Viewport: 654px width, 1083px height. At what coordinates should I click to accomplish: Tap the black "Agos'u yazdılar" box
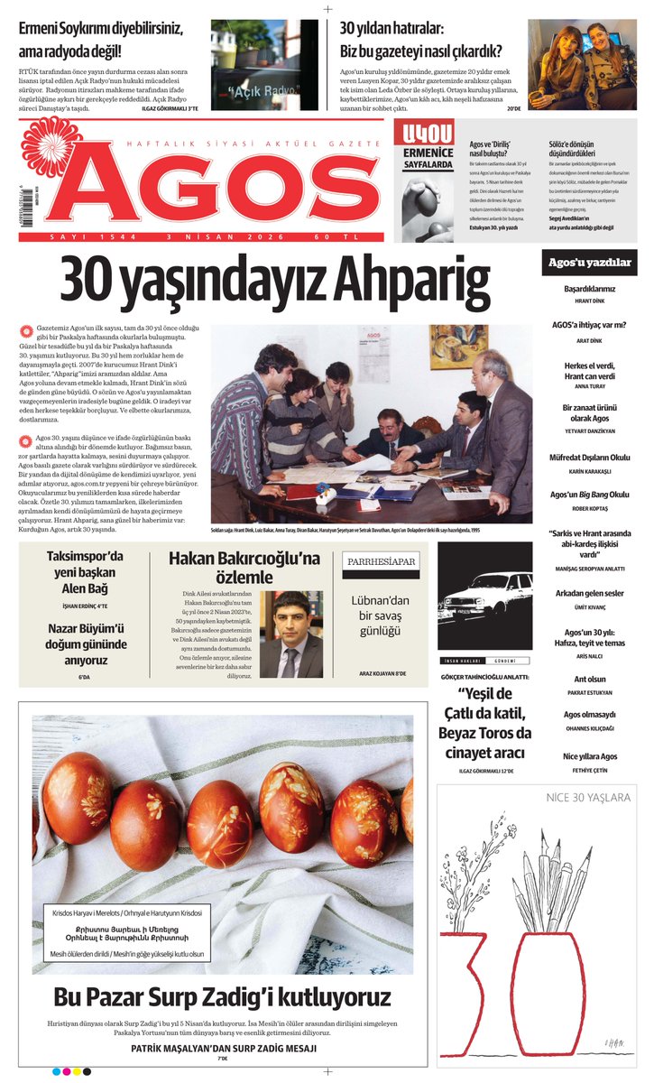[589, 263]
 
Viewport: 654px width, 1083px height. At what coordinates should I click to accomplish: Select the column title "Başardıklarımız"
[590, 289]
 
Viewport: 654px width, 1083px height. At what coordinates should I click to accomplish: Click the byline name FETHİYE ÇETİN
[590, 769]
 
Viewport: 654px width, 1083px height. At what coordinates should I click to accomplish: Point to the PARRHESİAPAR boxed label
[381, 561]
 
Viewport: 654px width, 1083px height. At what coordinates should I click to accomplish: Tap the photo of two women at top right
[582, 65]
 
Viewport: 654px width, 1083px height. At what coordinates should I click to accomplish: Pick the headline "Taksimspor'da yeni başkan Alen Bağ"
[84, 572]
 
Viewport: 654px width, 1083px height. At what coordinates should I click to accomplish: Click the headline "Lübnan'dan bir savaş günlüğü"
[381, 615]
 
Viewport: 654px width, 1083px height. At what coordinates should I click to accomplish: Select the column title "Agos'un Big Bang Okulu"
[590, 495]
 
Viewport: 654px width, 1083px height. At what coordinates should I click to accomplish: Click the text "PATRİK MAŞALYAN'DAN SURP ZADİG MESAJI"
[224, 1048]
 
